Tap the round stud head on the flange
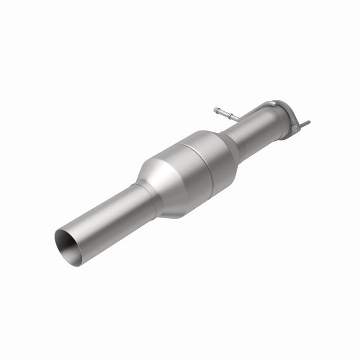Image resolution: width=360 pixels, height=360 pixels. (x=295, y=129)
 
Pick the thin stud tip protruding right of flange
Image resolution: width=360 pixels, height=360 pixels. (x=307, y=123)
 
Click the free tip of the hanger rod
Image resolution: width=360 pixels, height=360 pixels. (x=215, y=109)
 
